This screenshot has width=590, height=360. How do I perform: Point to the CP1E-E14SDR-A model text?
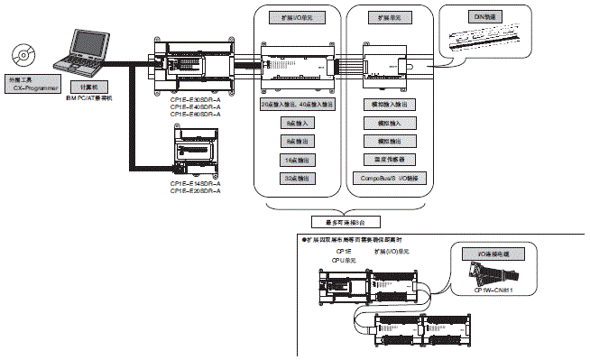(195, 184)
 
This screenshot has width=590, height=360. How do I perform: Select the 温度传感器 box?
(388, 161)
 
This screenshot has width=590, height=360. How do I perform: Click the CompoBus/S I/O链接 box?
(388, 180)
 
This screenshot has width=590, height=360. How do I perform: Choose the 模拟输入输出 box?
(388, 106)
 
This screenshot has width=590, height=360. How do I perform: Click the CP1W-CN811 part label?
(495, 290)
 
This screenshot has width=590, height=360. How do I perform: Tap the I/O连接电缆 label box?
(493, 256)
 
